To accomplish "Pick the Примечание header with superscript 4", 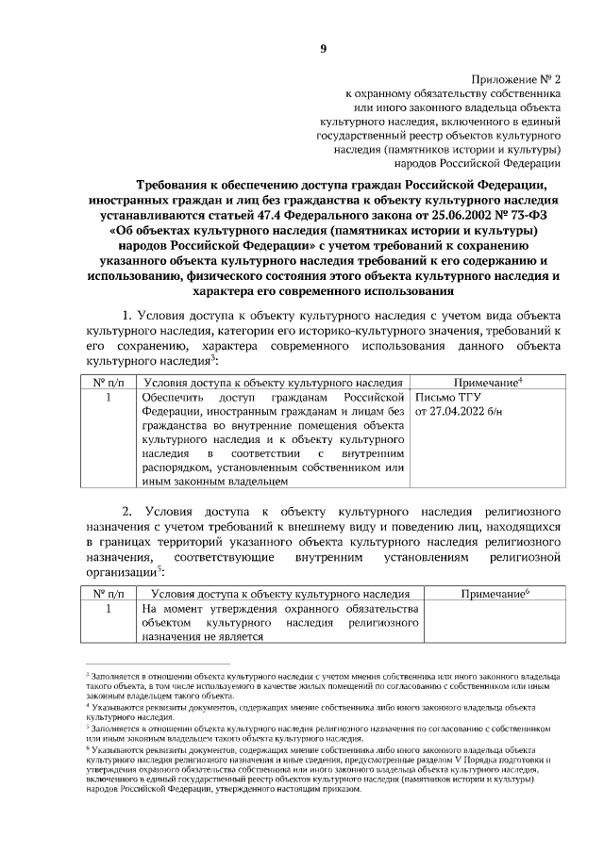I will (x=489, y=382).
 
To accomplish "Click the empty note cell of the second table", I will (x=494, y=623).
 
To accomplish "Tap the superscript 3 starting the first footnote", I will (x=87, y=675).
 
